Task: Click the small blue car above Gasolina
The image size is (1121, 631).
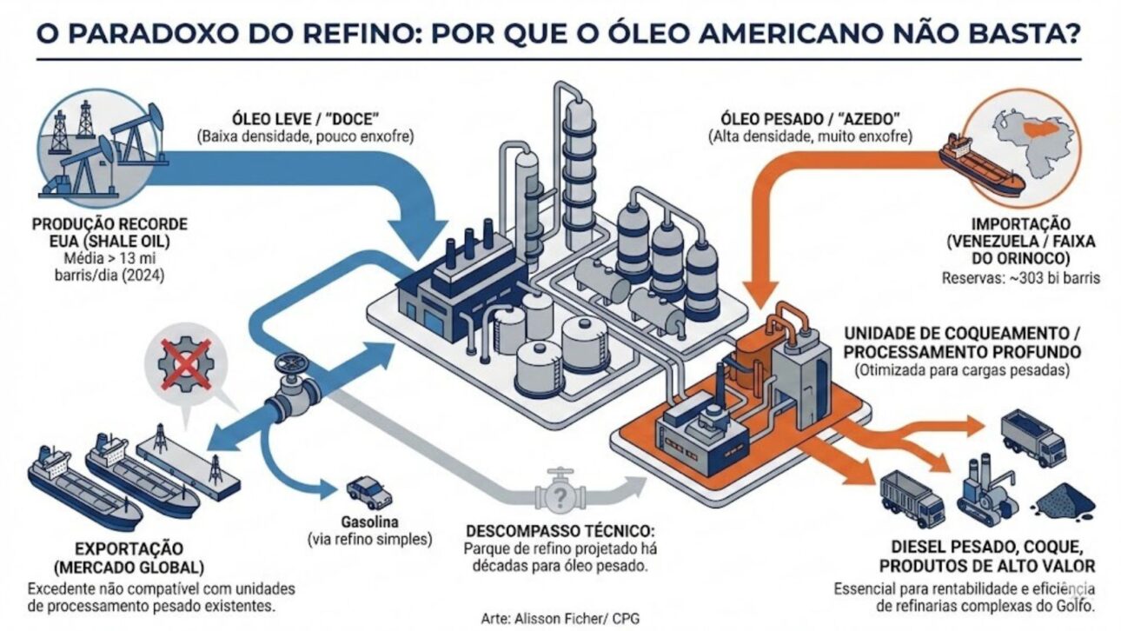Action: click(368, 492)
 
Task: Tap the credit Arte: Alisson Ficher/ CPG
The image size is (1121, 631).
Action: click(560, 619)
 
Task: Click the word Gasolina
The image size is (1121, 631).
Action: click(369, 522)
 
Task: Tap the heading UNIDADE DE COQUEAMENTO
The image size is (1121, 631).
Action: click(961, 333)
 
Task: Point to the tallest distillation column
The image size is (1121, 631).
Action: click(577, 156)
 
